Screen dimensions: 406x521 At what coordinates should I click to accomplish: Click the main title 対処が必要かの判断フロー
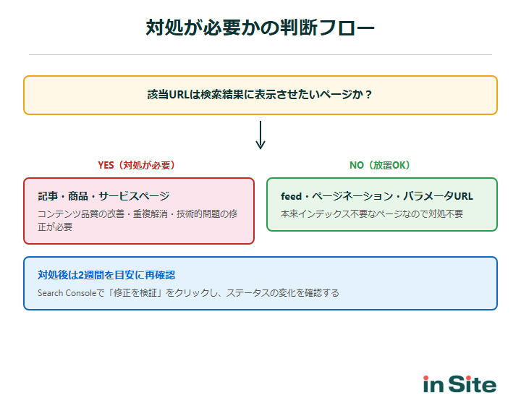click(260, 28)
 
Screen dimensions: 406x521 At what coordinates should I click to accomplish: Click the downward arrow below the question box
click(260, 135)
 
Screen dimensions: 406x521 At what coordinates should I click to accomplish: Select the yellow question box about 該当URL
click(260, 95)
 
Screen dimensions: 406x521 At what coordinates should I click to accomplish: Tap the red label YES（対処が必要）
click(137, 165)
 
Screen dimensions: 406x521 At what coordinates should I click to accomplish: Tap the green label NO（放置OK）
click(380, 165)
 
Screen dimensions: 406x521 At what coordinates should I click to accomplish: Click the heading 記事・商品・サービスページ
click(103, 196)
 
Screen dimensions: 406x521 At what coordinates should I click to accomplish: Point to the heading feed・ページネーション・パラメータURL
click(376, 196)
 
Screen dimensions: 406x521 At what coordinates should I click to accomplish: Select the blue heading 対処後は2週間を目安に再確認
click(106, 275)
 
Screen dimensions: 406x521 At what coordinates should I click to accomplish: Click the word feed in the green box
click(291, 196)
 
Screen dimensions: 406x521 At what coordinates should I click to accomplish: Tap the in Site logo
click(459, 384)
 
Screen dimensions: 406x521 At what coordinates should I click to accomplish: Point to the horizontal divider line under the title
click(260, 54)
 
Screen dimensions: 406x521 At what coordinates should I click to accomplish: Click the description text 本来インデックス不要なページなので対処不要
click(372, 214)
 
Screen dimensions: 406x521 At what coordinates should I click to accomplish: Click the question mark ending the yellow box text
click(369, 95)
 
